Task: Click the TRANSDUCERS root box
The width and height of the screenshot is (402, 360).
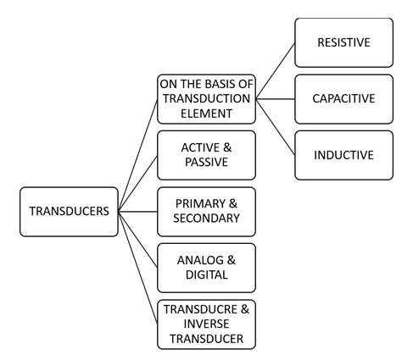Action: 69,212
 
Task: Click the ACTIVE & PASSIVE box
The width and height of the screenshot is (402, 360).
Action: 207,155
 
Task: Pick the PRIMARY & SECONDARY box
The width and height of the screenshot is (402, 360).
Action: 207,211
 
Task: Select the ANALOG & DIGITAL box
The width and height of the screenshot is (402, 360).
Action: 207,267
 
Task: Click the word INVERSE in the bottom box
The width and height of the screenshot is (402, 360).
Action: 207,324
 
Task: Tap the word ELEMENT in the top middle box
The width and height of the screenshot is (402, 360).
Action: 207,113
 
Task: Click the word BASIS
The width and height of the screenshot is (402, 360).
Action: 219,84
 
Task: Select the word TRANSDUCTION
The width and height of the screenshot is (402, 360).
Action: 207,98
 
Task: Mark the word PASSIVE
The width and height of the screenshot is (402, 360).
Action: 207,163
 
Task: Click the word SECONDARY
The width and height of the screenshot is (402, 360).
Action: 207,219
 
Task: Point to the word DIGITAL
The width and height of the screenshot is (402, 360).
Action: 207,274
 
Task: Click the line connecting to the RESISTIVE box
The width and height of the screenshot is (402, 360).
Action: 275,70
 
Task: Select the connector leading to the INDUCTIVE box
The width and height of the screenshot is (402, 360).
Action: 275,127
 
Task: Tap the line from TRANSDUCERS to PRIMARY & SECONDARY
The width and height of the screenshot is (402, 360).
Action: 138,211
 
